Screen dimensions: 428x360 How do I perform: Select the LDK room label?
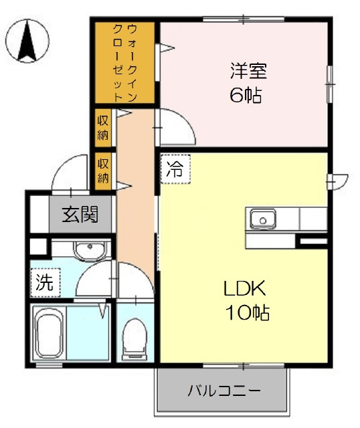coord(245,288)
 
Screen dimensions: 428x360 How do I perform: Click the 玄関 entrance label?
coord(81,215)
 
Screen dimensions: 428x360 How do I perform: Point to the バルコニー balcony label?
coord(223,391)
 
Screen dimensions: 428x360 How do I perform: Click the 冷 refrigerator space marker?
coord(174,169)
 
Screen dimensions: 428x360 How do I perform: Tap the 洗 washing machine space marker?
coord(44,282)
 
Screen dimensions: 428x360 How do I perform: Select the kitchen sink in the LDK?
coord(263,218)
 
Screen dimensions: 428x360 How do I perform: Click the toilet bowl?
coord(134,334)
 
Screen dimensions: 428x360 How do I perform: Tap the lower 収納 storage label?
coord(103,169)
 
